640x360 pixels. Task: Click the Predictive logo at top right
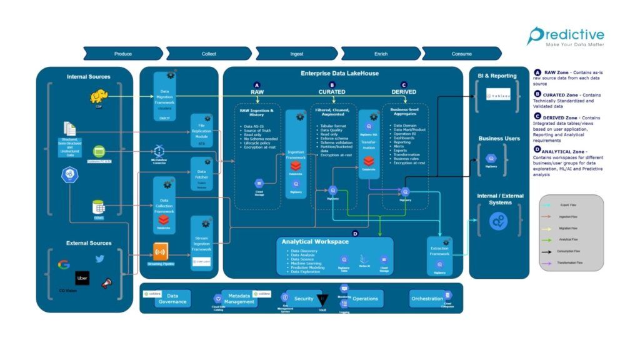pos(564,36)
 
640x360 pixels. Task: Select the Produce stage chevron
pos(122,54)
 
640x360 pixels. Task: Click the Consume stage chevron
pos(461,54)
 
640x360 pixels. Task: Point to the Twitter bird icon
pos(100,259)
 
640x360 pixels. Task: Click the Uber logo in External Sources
pos(82,277)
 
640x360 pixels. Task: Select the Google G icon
pos(64,264)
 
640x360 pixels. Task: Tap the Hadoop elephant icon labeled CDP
pos(99,96)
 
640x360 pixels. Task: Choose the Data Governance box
pos(172,298)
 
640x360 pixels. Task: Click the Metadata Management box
pos(239,298)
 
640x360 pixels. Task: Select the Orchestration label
pos(427,298)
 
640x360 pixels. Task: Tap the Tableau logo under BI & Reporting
pos(499,95)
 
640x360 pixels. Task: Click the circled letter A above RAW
pos(256,84)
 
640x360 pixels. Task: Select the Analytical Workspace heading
pos(314,241)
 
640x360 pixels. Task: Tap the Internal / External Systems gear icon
pos(499,221)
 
